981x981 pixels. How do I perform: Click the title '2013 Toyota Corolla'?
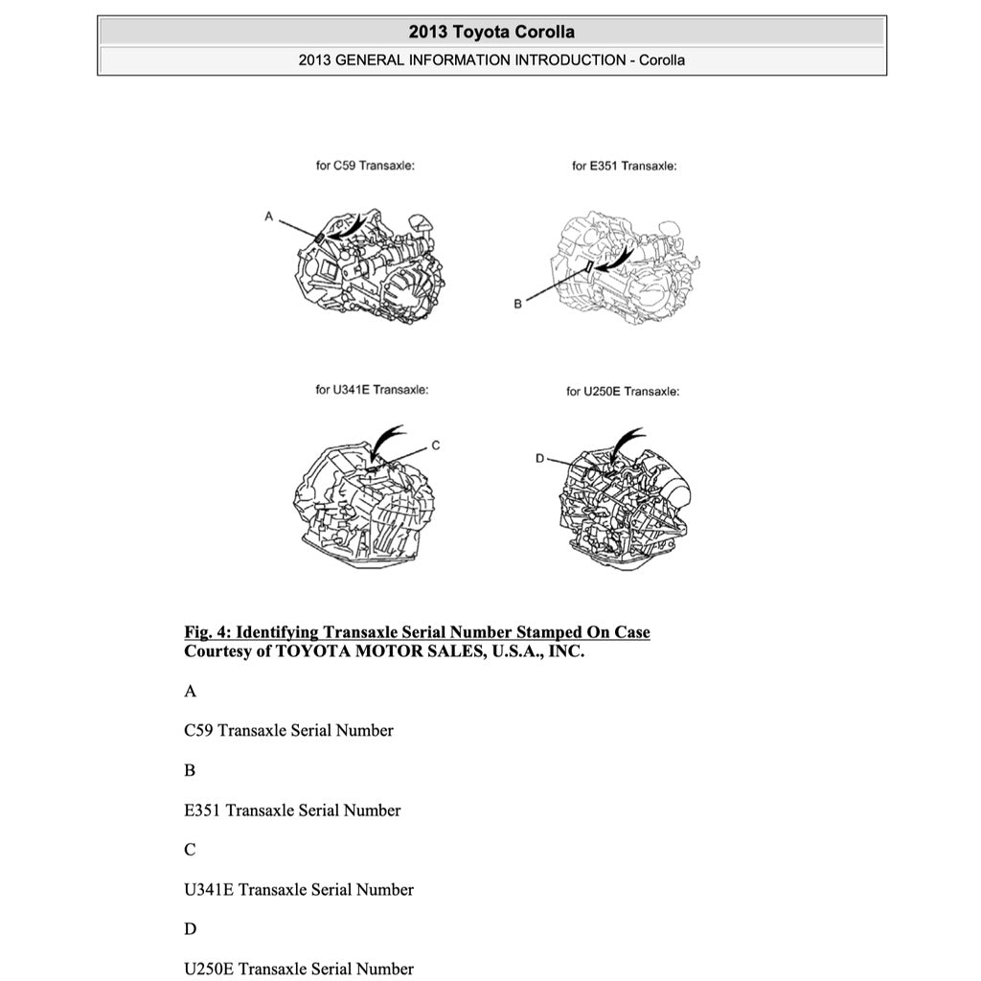(x=491, y=32)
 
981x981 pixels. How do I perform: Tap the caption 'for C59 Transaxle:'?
(x=365, y=166)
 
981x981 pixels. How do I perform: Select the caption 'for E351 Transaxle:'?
(x=625, y=166)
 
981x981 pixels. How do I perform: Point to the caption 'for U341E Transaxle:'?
(x=372, y=390)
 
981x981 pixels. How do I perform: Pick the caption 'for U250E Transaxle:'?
(x=623, y=391)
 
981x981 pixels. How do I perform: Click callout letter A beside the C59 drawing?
(x=269, y=217)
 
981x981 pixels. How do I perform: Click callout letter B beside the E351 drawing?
(x=517, y=304)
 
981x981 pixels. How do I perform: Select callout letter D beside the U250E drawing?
(x=540, y=460)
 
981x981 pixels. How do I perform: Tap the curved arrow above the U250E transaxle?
(x=625, y=443)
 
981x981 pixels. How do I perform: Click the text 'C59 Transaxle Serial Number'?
(x=288, y=730)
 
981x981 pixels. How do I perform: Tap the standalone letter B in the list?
(x=190, y=770)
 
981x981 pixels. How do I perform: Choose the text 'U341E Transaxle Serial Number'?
(x=299, y=889)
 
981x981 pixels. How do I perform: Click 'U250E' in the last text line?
(x=209, y=969)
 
